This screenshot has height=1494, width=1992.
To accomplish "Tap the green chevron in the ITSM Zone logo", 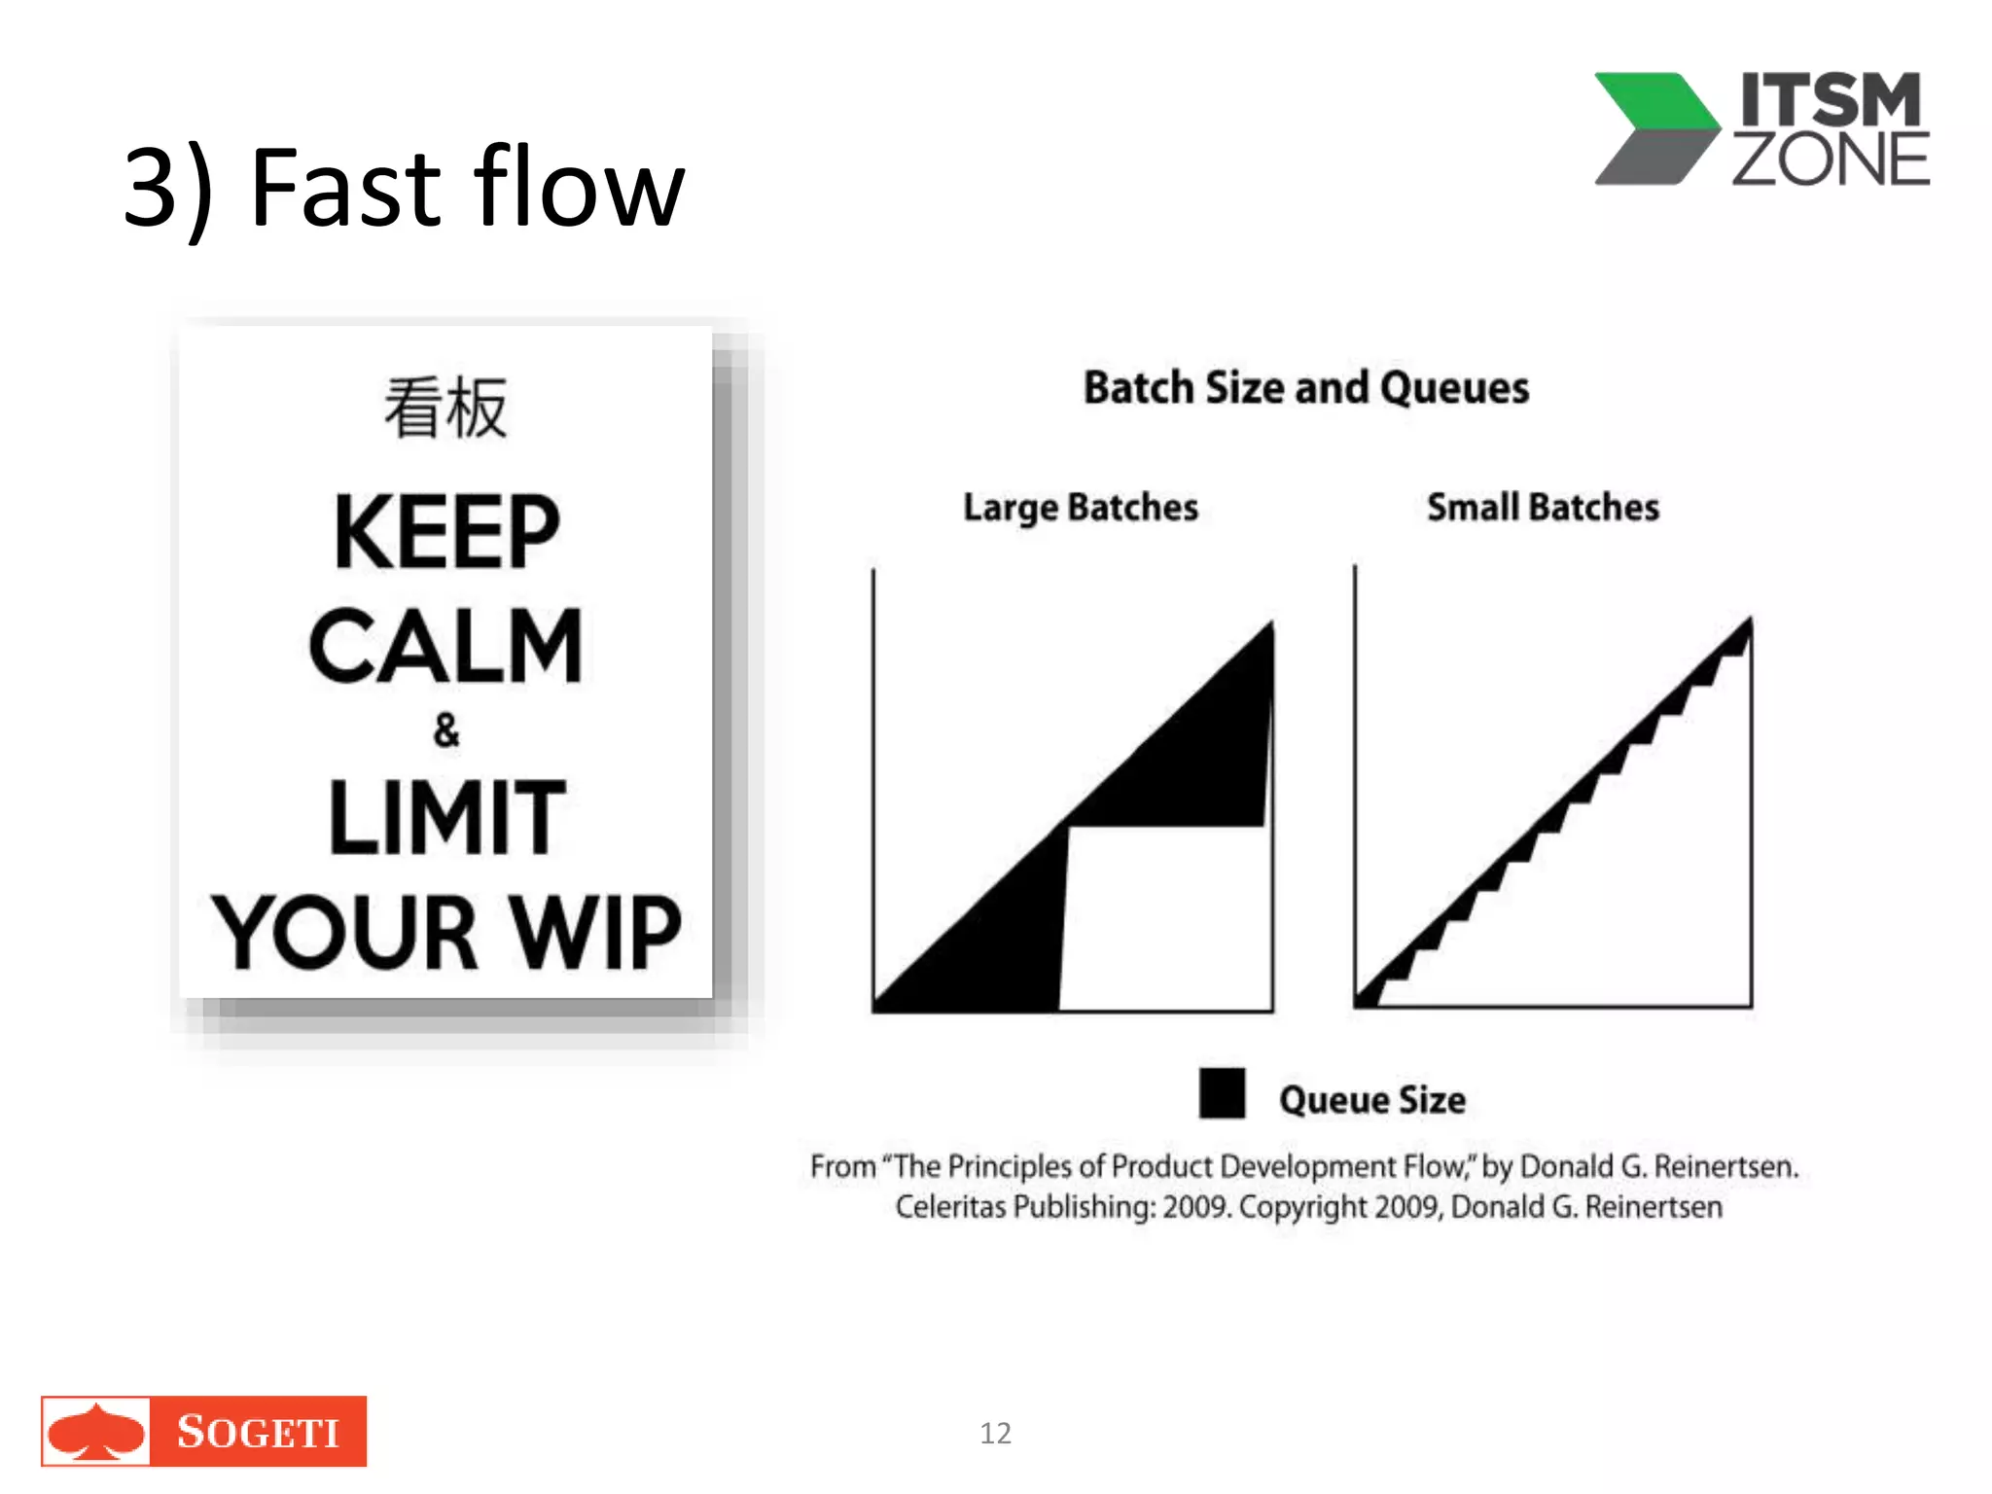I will click(1654, 102).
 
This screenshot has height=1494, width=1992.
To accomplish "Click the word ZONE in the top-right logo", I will click(1831, 160).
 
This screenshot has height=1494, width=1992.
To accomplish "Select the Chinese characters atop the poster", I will click(445, 408).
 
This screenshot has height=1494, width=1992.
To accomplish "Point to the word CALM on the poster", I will click(446, 646).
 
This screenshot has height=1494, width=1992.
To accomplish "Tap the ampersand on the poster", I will click(446, 729).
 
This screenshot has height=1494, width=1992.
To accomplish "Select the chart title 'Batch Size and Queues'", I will click(1306, 388).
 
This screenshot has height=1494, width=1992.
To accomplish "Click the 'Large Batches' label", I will click(1081, 508).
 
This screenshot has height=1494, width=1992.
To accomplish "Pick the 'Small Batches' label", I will click(1543, 508).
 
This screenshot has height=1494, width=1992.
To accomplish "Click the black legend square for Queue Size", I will click(1222, 1093).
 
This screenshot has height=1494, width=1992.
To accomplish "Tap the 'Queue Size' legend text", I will click(1372, 1100).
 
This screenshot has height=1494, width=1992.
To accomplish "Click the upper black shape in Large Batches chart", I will click(1206, 759).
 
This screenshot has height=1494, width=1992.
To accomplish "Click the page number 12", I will click(995, 1433).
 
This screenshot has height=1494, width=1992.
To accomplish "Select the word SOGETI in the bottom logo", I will click(258, 1432).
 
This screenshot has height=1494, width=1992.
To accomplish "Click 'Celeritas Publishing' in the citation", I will click(1026, 1207).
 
